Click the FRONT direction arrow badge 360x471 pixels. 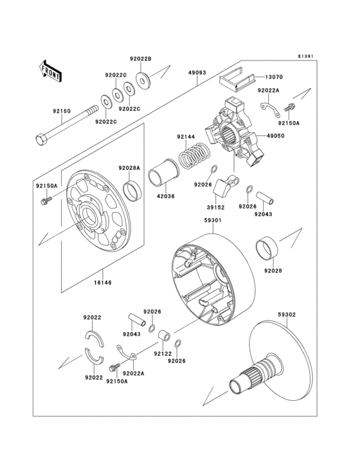click(51, 70)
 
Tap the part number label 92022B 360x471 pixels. click(140, 59)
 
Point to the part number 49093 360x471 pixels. click(197, 72)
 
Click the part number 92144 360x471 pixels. click(185, 136)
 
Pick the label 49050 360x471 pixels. click(276, 136)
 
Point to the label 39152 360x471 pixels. click(214, 208)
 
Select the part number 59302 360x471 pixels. click(287, 315)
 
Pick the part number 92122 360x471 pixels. click(161, 353)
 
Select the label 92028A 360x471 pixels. click(129, 168)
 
